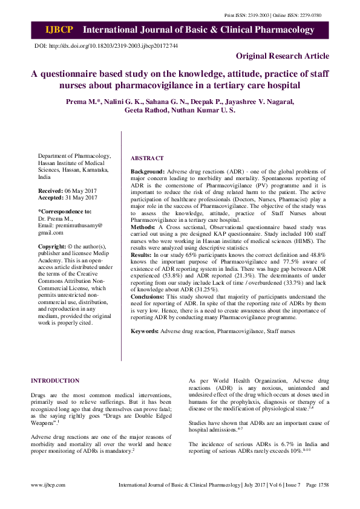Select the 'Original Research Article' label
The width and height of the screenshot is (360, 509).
pos(283,56)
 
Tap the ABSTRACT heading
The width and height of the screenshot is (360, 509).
pos(147,158)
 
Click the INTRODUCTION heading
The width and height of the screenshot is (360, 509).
pos(55,381)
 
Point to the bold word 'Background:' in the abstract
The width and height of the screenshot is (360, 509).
pos(148,172)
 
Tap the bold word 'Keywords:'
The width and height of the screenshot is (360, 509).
pos(145,331)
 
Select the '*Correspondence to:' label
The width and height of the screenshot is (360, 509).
pos(65,212)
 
